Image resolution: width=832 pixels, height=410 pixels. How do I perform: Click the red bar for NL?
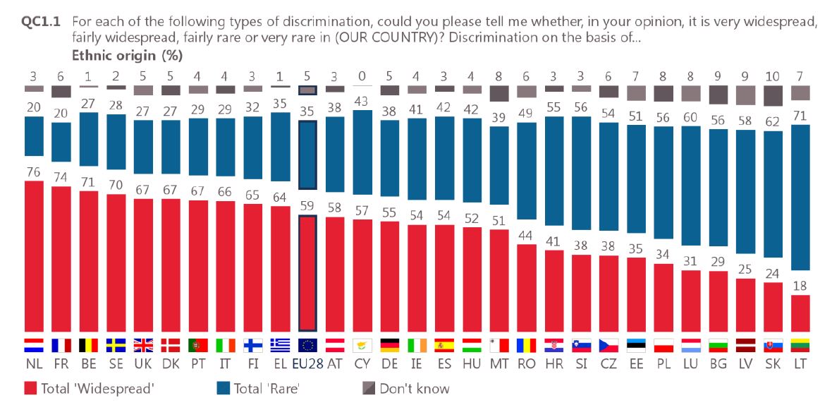(x=34, y=255)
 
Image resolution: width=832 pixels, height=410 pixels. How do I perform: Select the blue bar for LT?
(x=800, y=198)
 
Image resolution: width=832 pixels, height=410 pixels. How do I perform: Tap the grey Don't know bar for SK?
(x=773, y=95)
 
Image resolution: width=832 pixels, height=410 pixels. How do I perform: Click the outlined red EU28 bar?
(x=307, y=273)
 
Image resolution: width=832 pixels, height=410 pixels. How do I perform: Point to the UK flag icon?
(x=143, y=345)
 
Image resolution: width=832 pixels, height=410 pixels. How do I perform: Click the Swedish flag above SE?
(x=116, y=345)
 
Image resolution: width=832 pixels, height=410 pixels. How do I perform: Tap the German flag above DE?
(x=389, y=345)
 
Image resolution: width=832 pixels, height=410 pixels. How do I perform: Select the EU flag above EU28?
(x=307, y=345)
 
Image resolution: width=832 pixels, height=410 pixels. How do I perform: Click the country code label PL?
(x=663, y=365)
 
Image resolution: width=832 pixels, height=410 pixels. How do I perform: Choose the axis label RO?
(x=526, y=365)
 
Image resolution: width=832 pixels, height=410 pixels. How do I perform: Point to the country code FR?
(x=61, y=365)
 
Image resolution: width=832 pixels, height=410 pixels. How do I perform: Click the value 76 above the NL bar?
(x=34, y=172)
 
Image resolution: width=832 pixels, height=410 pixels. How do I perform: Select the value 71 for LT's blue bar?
(x=800, y=116)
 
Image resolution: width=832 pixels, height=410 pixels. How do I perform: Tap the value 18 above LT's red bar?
(x=800, y=286)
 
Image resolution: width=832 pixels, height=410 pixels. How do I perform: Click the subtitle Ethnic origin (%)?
(x=128, y=54)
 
